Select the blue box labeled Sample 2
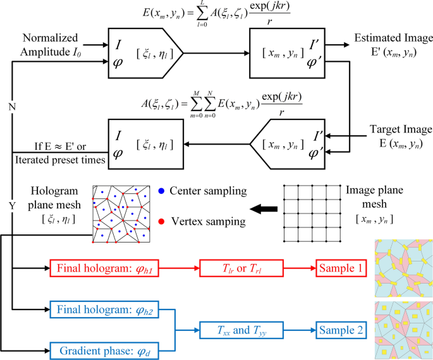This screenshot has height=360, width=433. pyautogui.click(x=341, y=329)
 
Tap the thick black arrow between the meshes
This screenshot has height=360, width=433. pyautogui.click(x=263, y=207)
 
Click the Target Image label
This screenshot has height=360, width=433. pyautogui.click(x=398, y=136)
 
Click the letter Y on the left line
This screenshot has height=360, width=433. pyautogui.click(x=11, y=207)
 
